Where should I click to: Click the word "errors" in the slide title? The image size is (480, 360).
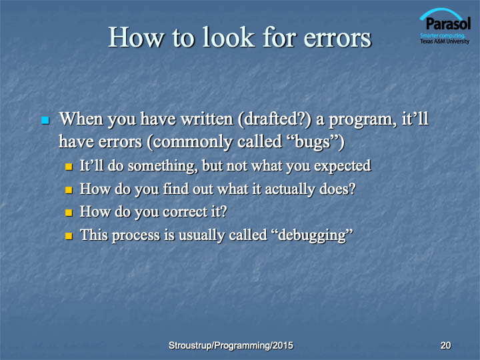point(337,37)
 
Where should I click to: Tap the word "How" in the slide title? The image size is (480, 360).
point(136,37)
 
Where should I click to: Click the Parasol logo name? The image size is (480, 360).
point(448,24)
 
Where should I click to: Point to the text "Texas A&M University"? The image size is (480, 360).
point(445,41)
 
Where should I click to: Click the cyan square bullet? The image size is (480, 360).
point(45,120)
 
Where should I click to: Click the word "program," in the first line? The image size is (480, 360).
point(361,120)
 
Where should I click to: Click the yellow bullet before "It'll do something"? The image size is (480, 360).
point(69,167)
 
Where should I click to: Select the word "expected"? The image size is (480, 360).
point(343,166)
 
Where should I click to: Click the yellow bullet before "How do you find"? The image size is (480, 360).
point(69,190)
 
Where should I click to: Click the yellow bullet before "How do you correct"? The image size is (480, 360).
point(69,213)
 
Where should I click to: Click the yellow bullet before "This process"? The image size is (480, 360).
point(69,236)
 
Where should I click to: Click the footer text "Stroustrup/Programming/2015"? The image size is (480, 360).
point(231,345)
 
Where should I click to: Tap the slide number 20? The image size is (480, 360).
point(446,345)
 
